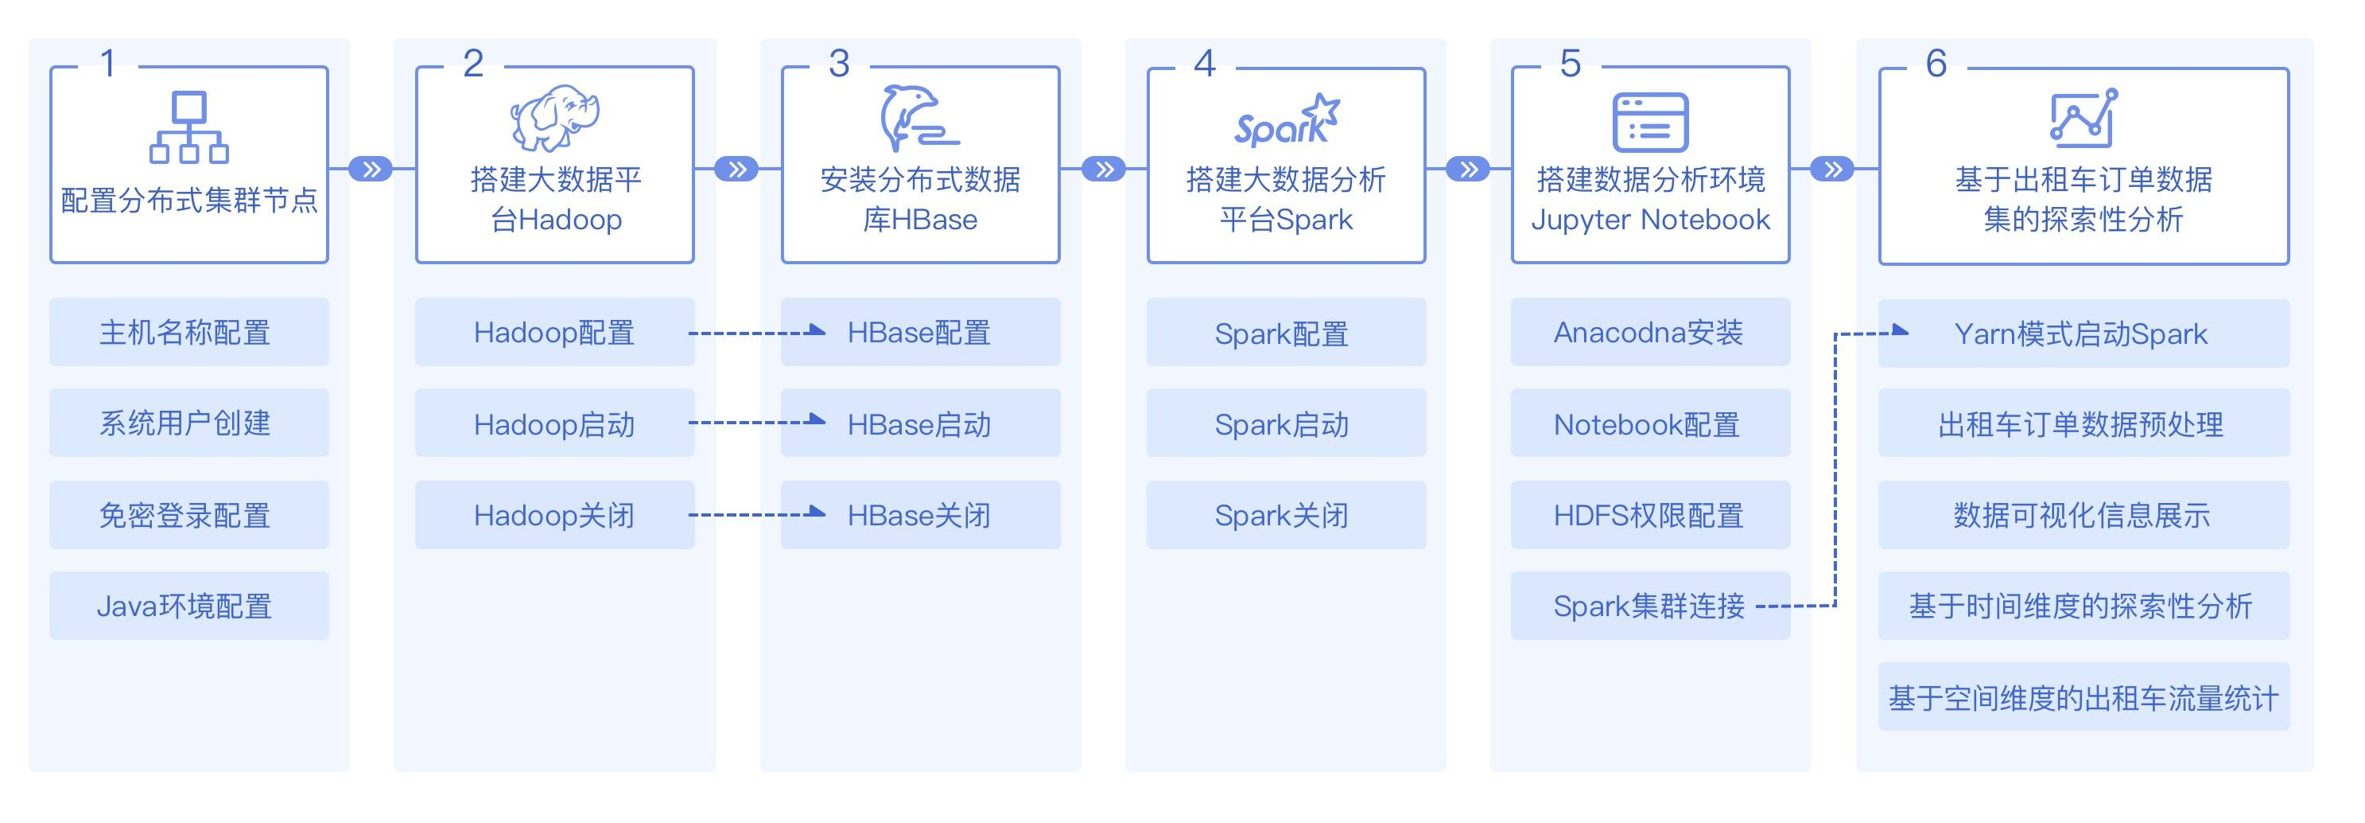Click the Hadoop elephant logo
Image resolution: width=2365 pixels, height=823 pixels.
click(554, 119)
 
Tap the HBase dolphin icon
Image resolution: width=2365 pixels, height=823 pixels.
click(919, 118)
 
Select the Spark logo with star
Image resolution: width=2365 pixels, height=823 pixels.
click(1286, 120)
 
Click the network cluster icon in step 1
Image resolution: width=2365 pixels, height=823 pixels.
click(189, 127)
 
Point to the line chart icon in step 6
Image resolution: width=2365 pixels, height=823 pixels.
click(2083, 119)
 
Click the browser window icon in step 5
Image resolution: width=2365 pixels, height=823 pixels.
click(1650, 122)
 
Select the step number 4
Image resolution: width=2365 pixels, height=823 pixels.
click(1205, 64)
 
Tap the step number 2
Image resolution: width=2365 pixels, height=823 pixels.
click(473, 64)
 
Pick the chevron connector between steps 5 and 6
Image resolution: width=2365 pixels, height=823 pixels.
click(1832, 169)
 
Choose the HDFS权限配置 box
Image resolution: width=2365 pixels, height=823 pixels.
click(1650, 515)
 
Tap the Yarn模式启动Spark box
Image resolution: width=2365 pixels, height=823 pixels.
click(2083, 333)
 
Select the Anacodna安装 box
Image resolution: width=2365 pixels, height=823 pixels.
click(1650, 332)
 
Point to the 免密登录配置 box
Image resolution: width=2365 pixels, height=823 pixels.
click(189, 515)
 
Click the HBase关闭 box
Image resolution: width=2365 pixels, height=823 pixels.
click(920, 515)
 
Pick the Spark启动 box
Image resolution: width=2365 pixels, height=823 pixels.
click(1285, 423)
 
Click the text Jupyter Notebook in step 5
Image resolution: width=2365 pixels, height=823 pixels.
click(1650, 220)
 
